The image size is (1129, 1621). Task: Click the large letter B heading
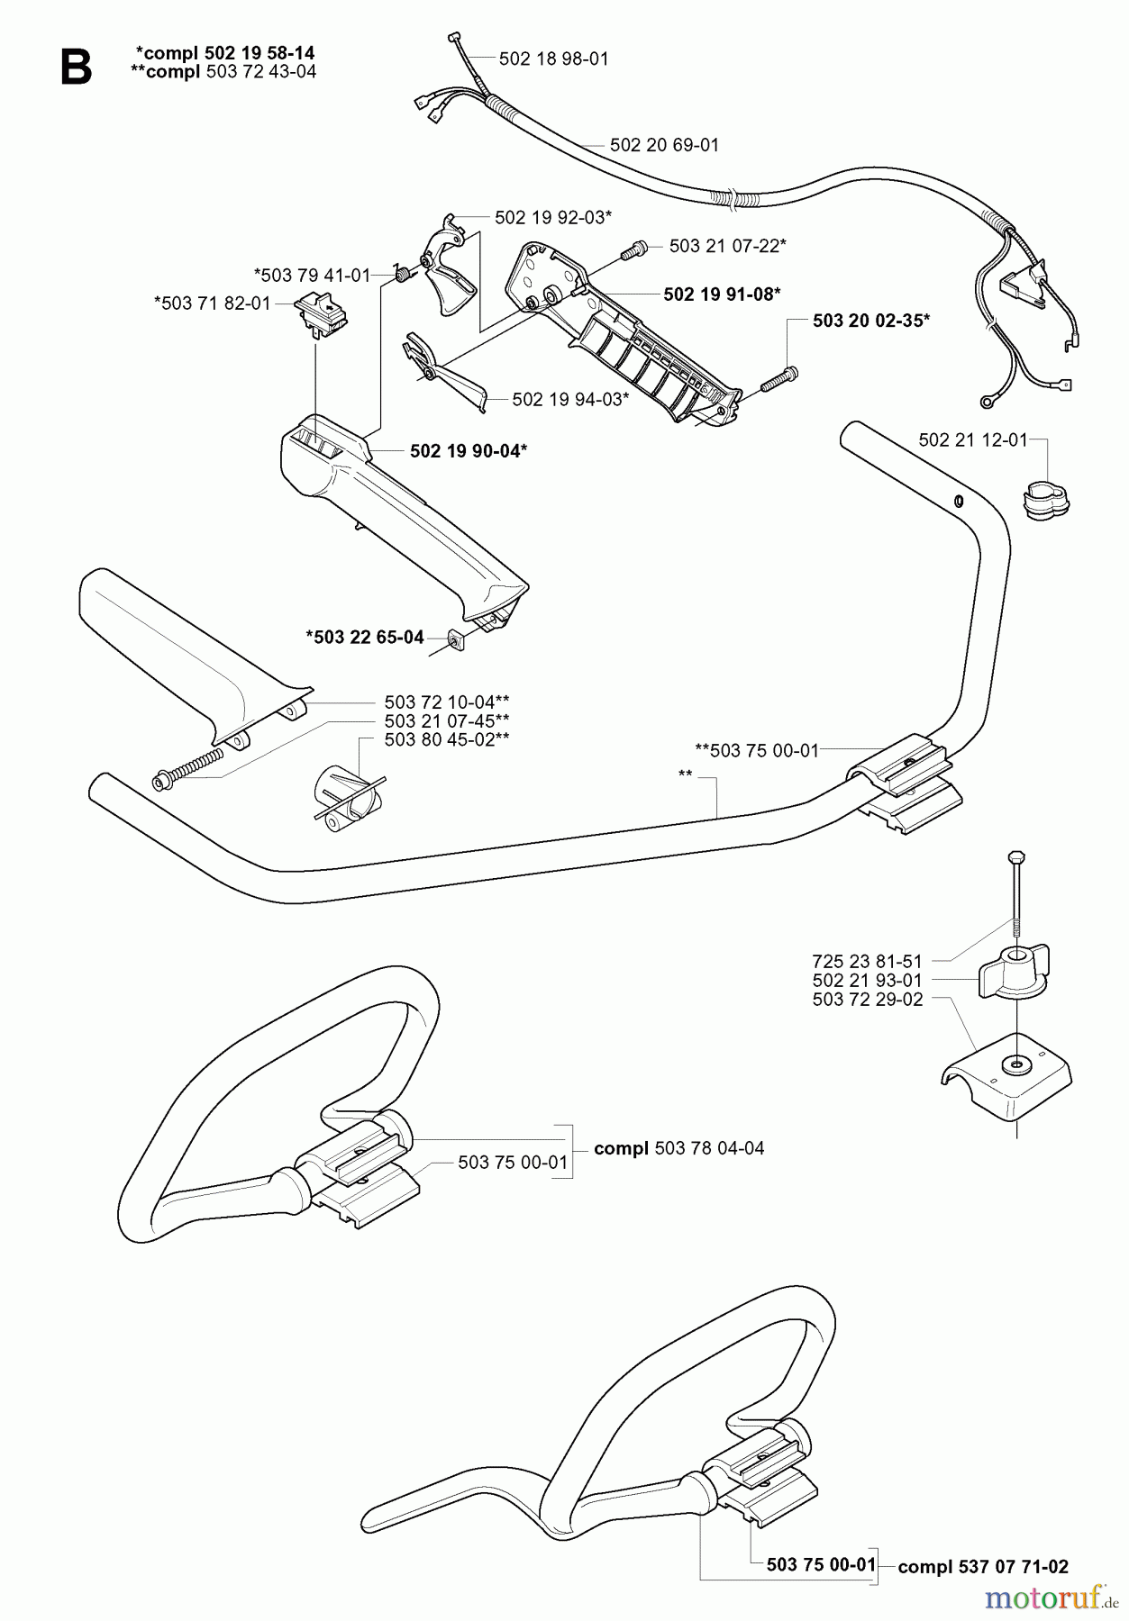point(76,67)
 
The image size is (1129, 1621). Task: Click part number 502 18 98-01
point(553,59)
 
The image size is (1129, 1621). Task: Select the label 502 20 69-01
point(664,145)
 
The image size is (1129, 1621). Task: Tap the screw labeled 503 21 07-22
point(636,248)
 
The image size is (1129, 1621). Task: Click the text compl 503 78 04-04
point(678,1148)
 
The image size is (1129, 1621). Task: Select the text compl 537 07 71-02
point(983,1567)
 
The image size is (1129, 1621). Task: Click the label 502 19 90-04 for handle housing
point(468,451)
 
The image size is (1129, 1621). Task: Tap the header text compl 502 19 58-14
point(224,53)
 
